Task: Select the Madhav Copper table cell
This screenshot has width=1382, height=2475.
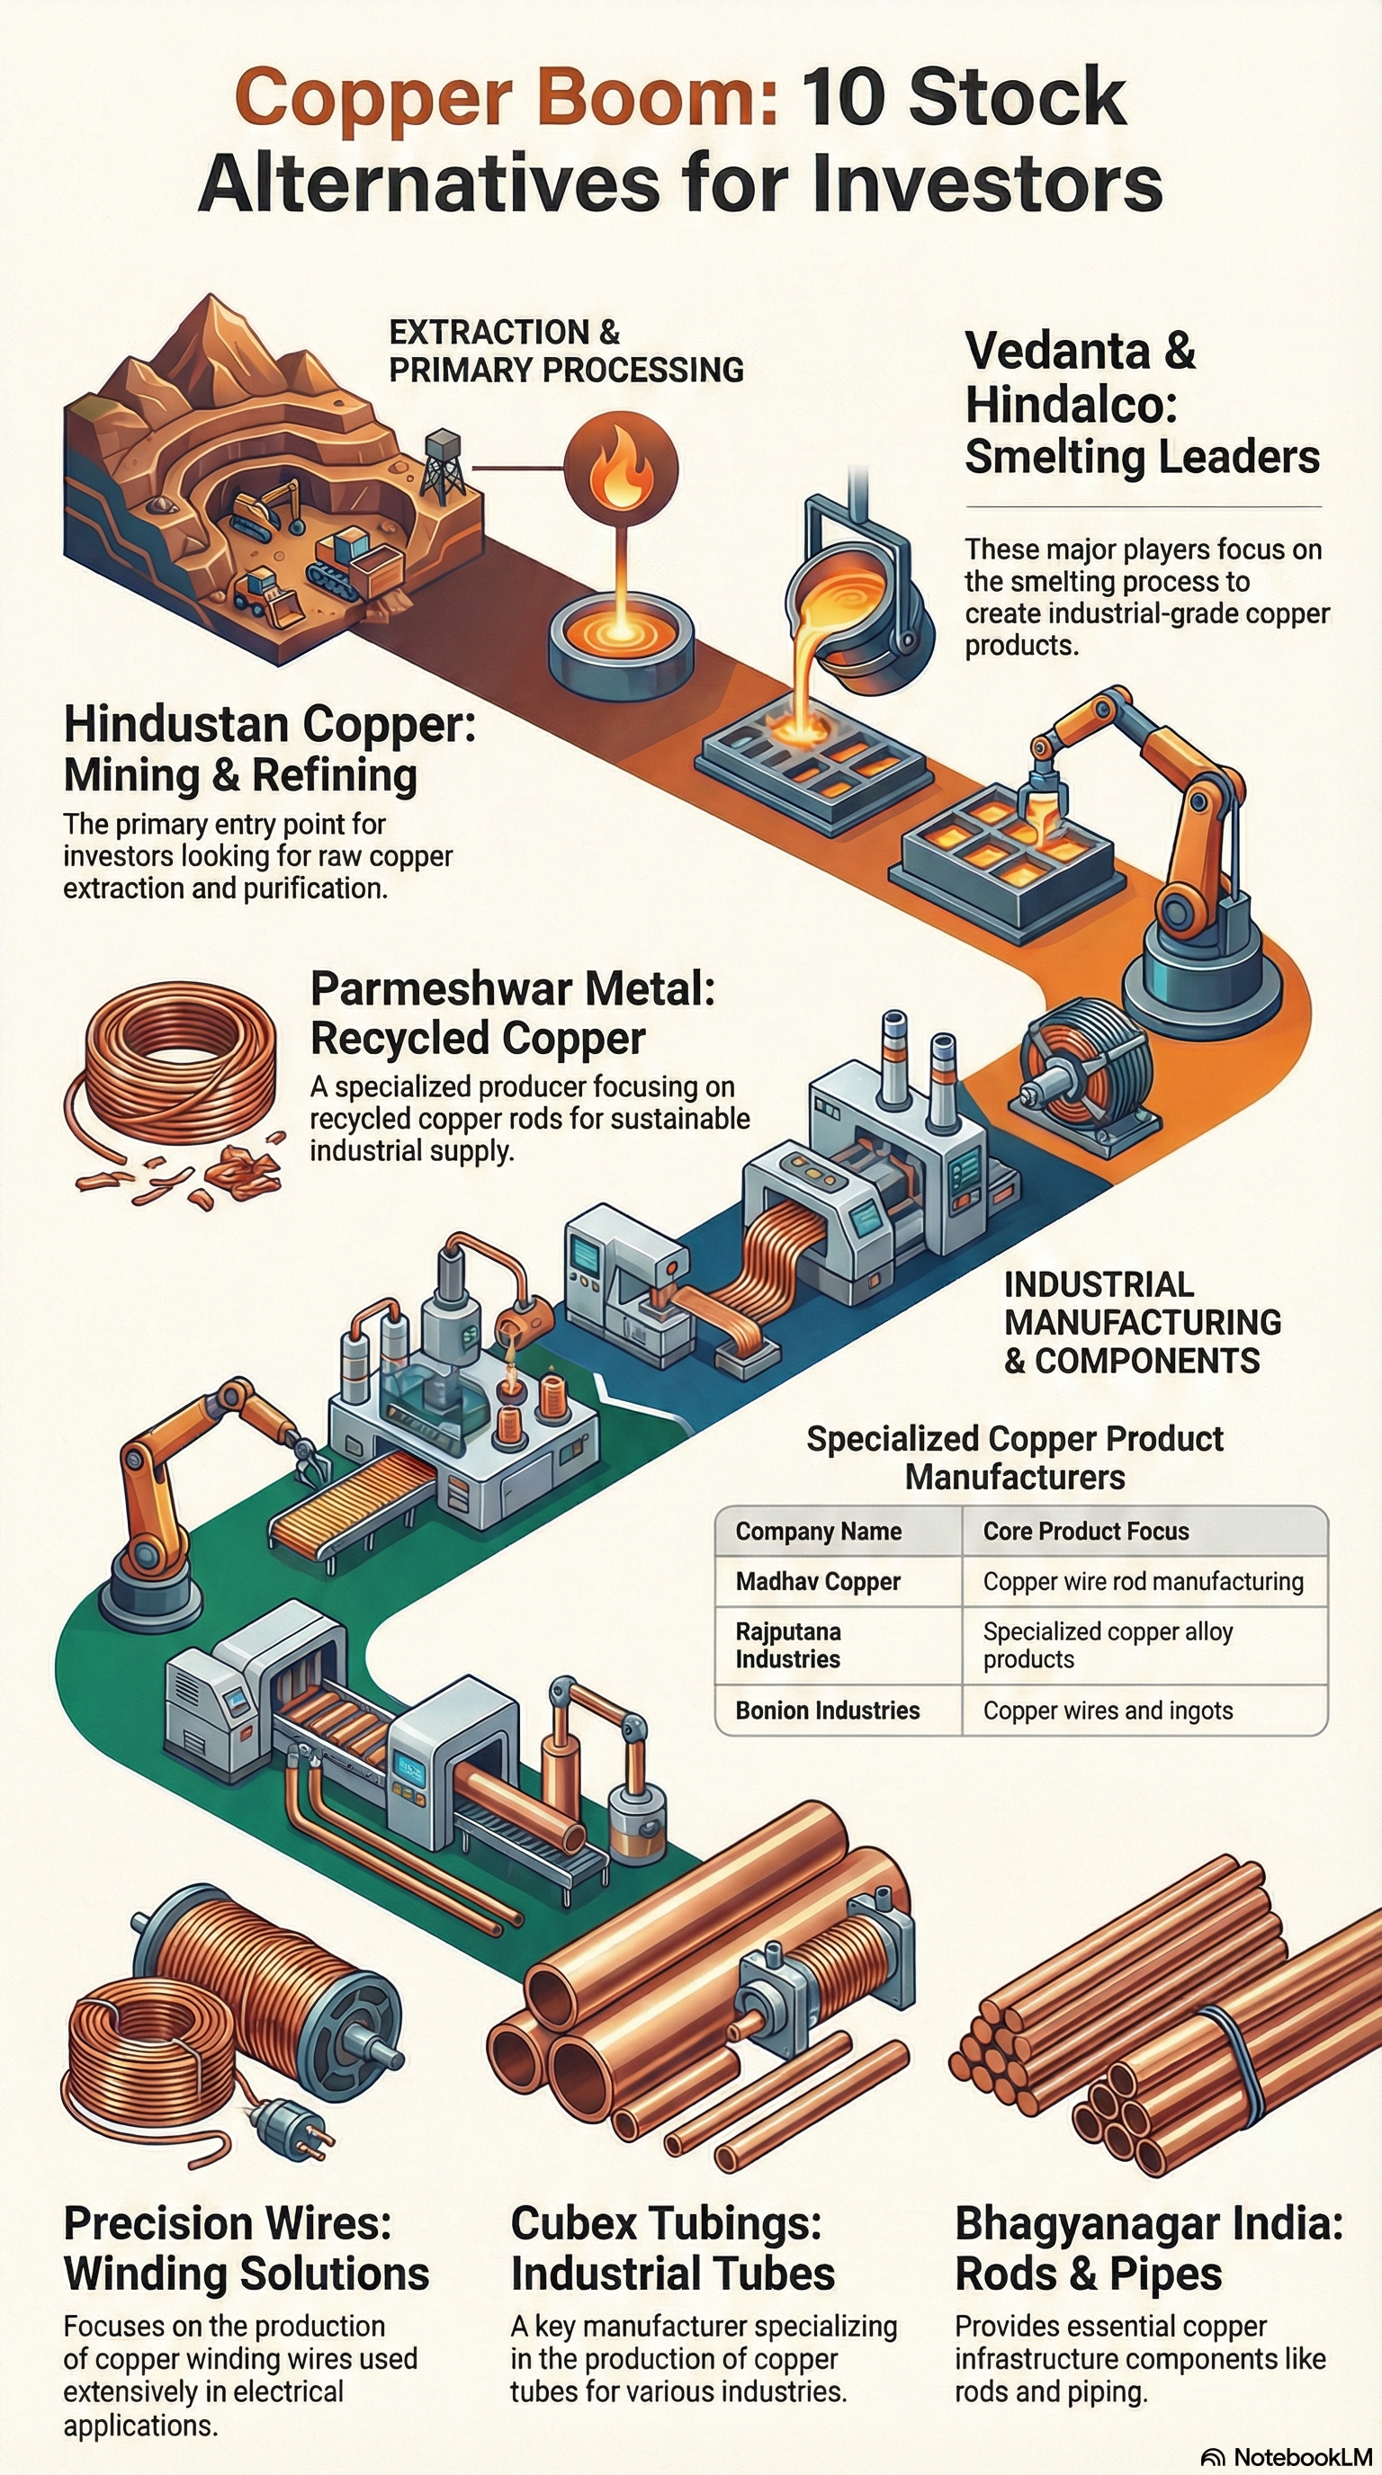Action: (x=818, y=1581)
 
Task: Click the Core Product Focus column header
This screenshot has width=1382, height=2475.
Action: (x=1085, y=1532)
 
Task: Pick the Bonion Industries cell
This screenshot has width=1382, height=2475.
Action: (x=827, y=1711)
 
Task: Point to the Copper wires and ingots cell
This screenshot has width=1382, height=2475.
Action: (x=1108, y=1711)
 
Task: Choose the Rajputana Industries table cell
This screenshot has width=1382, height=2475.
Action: (x=788, y=1645)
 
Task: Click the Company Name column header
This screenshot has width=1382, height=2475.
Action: (x=818, y=1532)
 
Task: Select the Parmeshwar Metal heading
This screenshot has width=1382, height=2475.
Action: (x=512, y=988)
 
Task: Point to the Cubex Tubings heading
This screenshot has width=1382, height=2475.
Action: (x=665, y=2223)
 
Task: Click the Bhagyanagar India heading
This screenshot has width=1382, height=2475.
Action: (x=1148, y=2223)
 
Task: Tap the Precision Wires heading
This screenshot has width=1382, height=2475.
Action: (x=227, y=2223)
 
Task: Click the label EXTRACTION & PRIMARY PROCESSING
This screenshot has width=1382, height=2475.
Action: (x=565, y=351)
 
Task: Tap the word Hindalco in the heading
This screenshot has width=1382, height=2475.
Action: (x=1070, y=404)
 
